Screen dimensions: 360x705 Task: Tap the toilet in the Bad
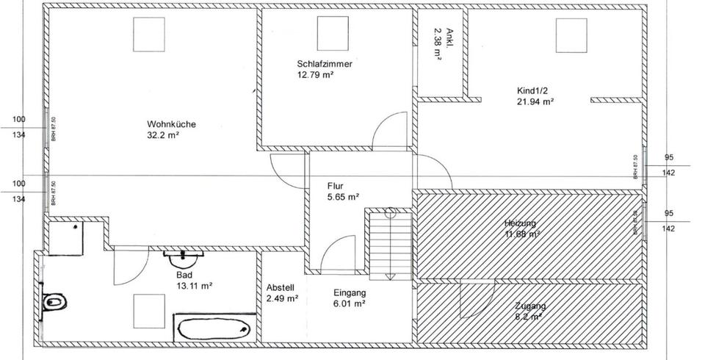click(x=55, y=301)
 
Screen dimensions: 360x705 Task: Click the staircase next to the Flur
click(x=389, y=243)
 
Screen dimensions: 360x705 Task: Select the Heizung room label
click(x=520, y=223)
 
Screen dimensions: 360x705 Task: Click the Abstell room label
click(x=281, y=287)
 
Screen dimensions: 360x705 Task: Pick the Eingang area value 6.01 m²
click(x=350, y=303)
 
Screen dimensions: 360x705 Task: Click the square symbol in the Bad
click(x=149, y=311)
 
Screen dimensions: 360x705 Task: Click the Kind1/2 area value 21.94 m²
click(x=535, y=102)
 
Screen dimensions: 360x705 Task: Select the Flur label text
click(x=336, y=186)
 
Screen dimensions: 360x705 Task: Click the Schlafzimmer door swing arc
click(x=389, y=131)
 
